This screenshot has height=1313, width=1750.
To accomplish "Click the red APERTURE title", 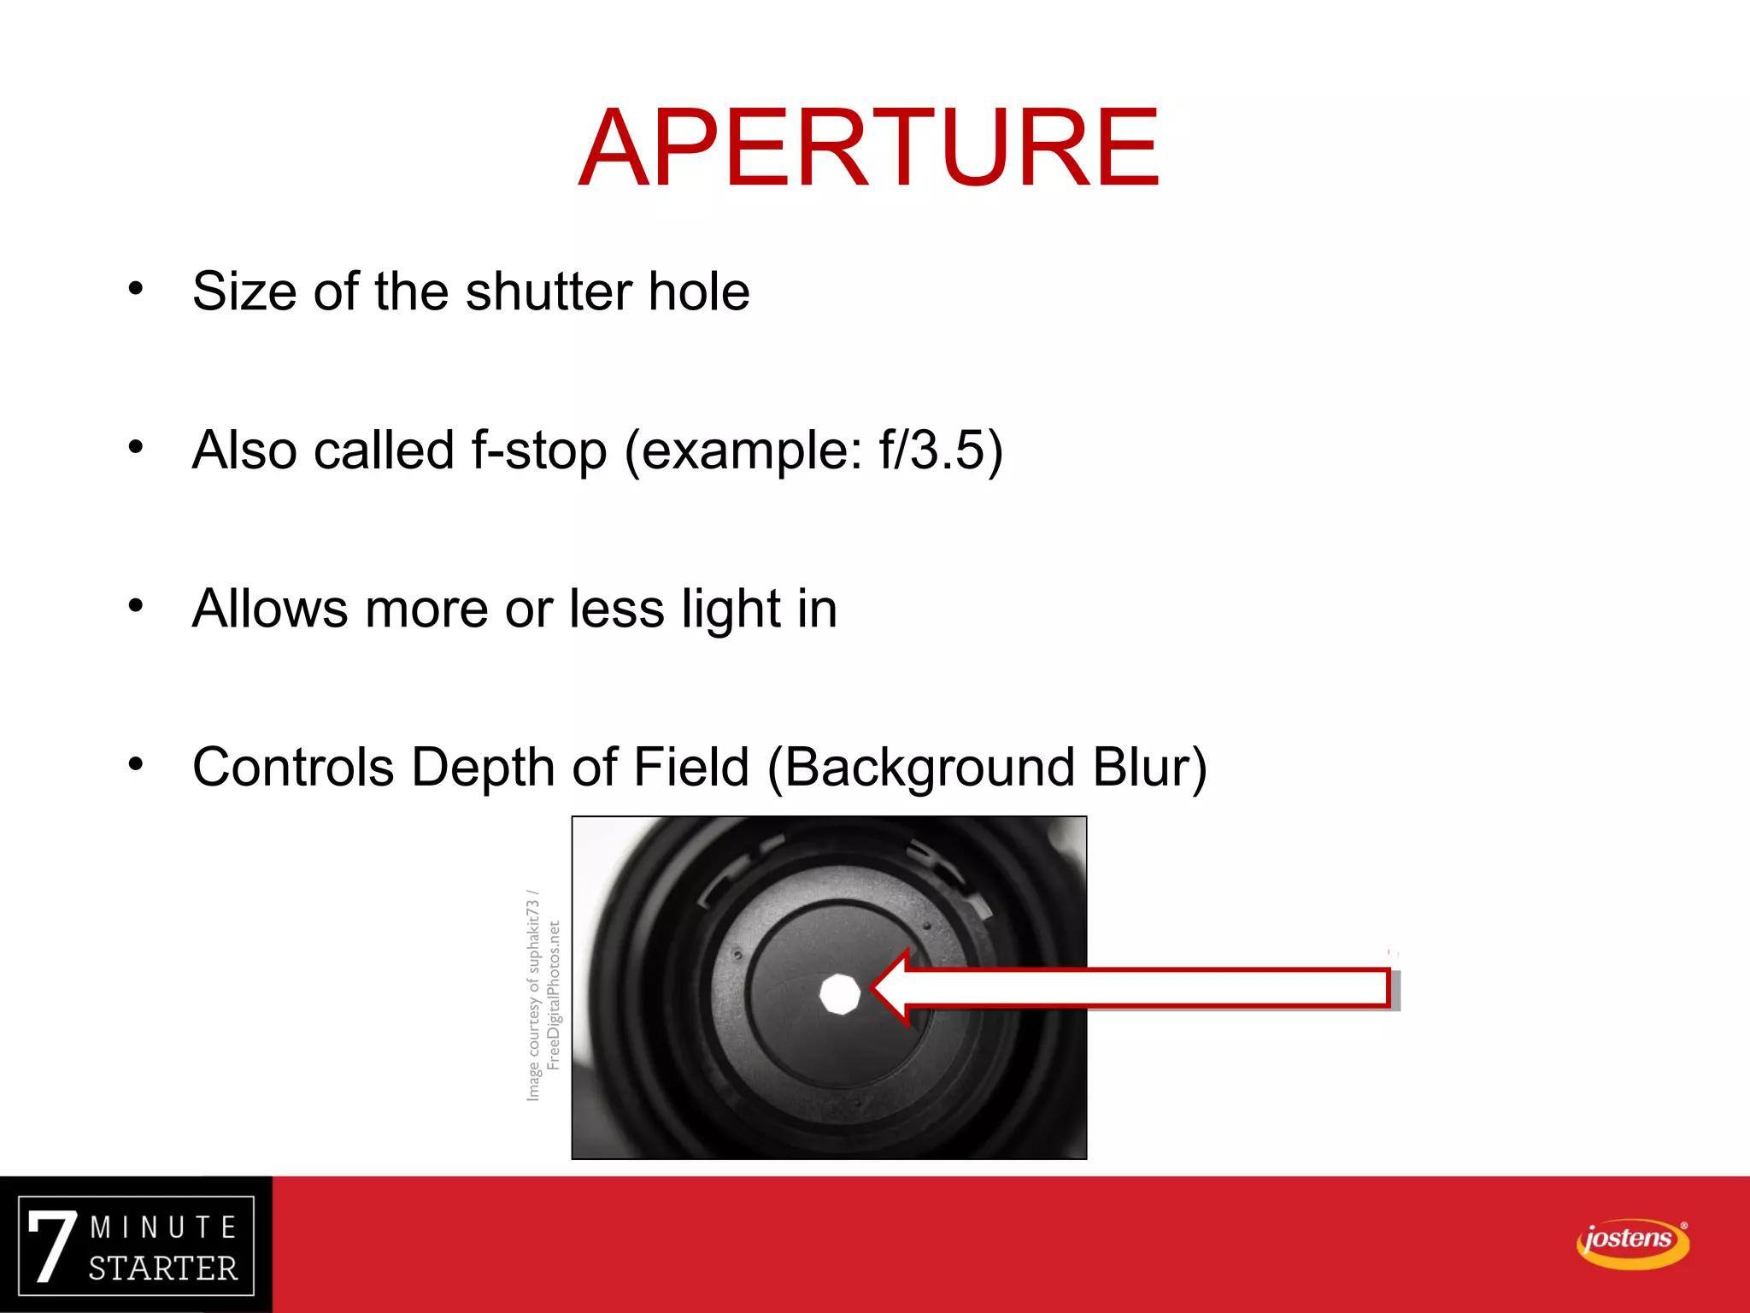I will (868, 147).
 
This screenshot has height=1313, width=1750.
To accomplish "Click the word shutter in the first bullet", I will (548, 291).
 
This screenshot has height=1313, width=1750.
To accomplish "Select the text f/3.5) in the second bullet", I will (941, 450).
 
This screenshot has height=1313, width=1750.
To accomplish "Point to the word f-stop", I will (539, 450).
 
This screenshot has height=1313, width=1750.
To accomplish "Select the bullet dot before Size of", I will (136, 288).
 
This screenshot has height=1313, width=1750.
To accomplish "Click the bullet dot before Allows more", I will (136, 605).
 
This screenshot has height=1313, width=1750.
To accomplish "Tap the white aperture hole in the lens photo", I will (839, 994).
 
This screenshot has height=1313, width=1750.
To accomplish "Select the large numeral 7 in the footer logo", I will (52, 1245).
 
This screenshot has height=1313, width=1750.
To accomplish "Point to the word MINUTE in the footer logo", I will (163, 1228).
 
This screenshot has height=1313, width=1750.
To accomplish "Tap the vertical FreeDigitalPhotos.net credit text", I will (554, 995).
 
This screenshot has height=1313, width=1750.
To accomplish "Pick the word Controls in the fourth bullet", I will (292, 768).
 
